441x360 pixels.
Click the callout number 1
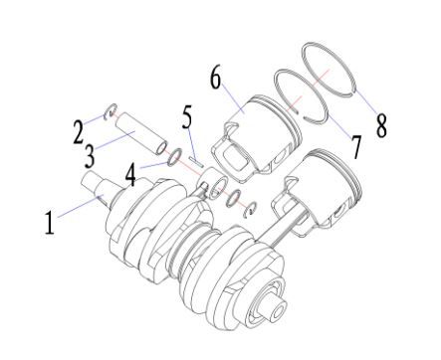(50, 223)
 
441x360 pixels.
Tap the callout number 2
(79, 132)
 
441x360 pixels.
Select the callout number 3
(90, 155)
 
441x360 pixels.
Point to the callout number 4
(130, 175)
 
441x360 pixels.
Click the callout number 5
(187, 116)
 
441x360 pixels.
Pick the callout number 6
(216, 78)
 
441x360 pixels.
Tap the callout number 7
(356, 147)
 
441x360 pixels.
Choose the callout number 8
(381, 125)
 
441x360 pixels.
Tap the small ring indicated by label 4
(175, 156)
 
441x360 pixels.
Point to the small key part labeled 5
(195, 161)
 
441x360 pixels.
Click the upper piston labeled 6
(257, 137)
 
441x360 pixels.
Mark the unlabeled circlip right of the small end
(250, 210)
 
